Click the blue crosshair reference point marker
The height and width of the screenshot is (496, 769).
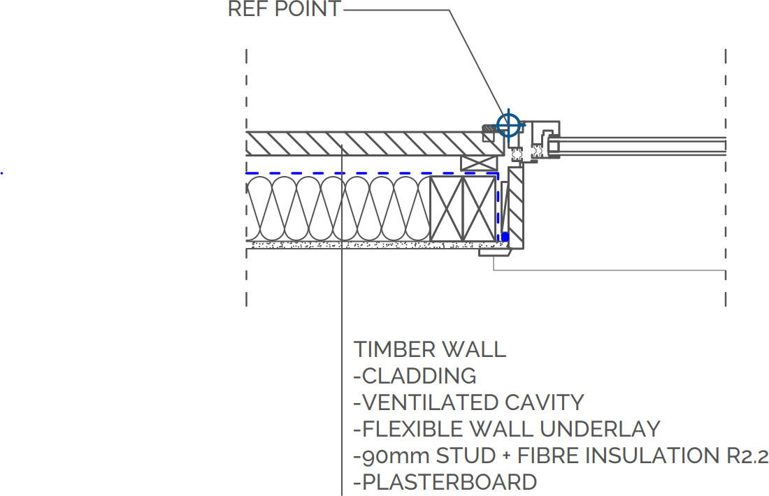click(x=508, y=125)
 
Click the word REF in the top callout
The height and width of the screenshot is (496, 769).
click(x=249, y=9)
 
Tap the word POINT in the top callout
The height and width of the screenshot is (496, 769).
click(x=308, y=9)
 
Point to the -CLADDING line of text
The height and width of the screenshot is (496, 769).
click(x=415, y=377)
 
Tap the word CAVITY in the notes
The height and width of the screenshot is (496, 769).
click(x=545, y=403)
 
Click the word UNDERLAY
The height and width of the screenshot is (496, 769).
click(x=600, y=430)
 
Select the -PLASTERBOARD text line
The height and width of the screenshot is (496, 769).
click(x=445, y=482)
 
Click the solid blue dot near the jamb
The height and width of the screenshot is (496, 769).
click(x=505, y=238)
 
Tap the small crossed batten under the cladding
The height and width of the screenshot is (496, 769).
click(x=479, y=163)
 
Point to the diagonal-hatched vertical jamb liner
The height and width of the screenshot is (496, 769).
click(x=516, y=207)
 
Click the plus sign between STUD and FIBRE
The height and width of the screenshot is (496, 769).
click(x=507, y=456)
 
